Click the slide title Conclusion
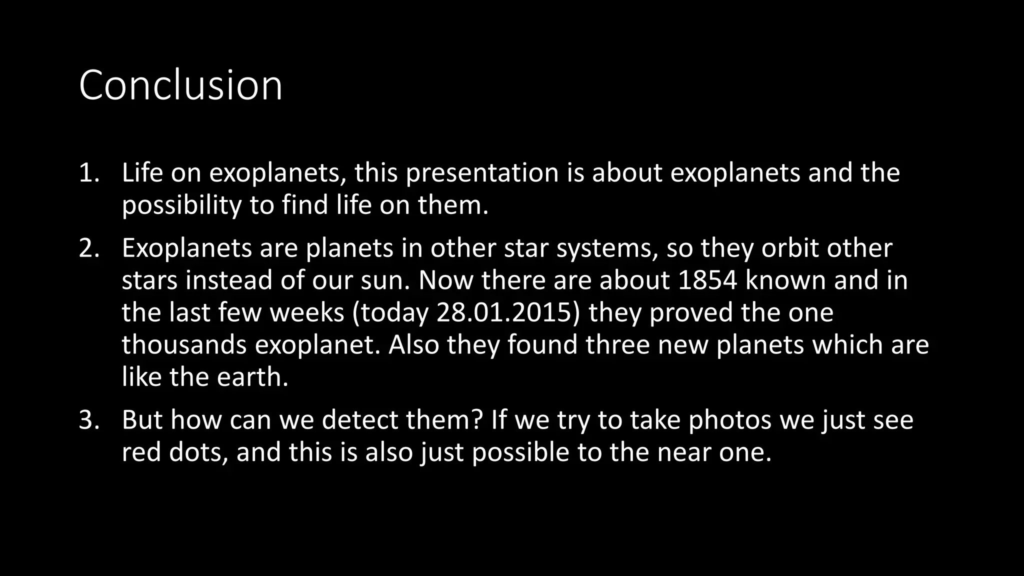pos(180,85)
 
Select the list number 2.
pos(89,248)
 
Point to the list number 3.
pos(89,420)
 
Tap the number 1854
pos(707,280)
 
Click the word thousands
pos(184,345)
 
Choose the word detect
pos(359,420)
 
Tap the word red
pos(141,452)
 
